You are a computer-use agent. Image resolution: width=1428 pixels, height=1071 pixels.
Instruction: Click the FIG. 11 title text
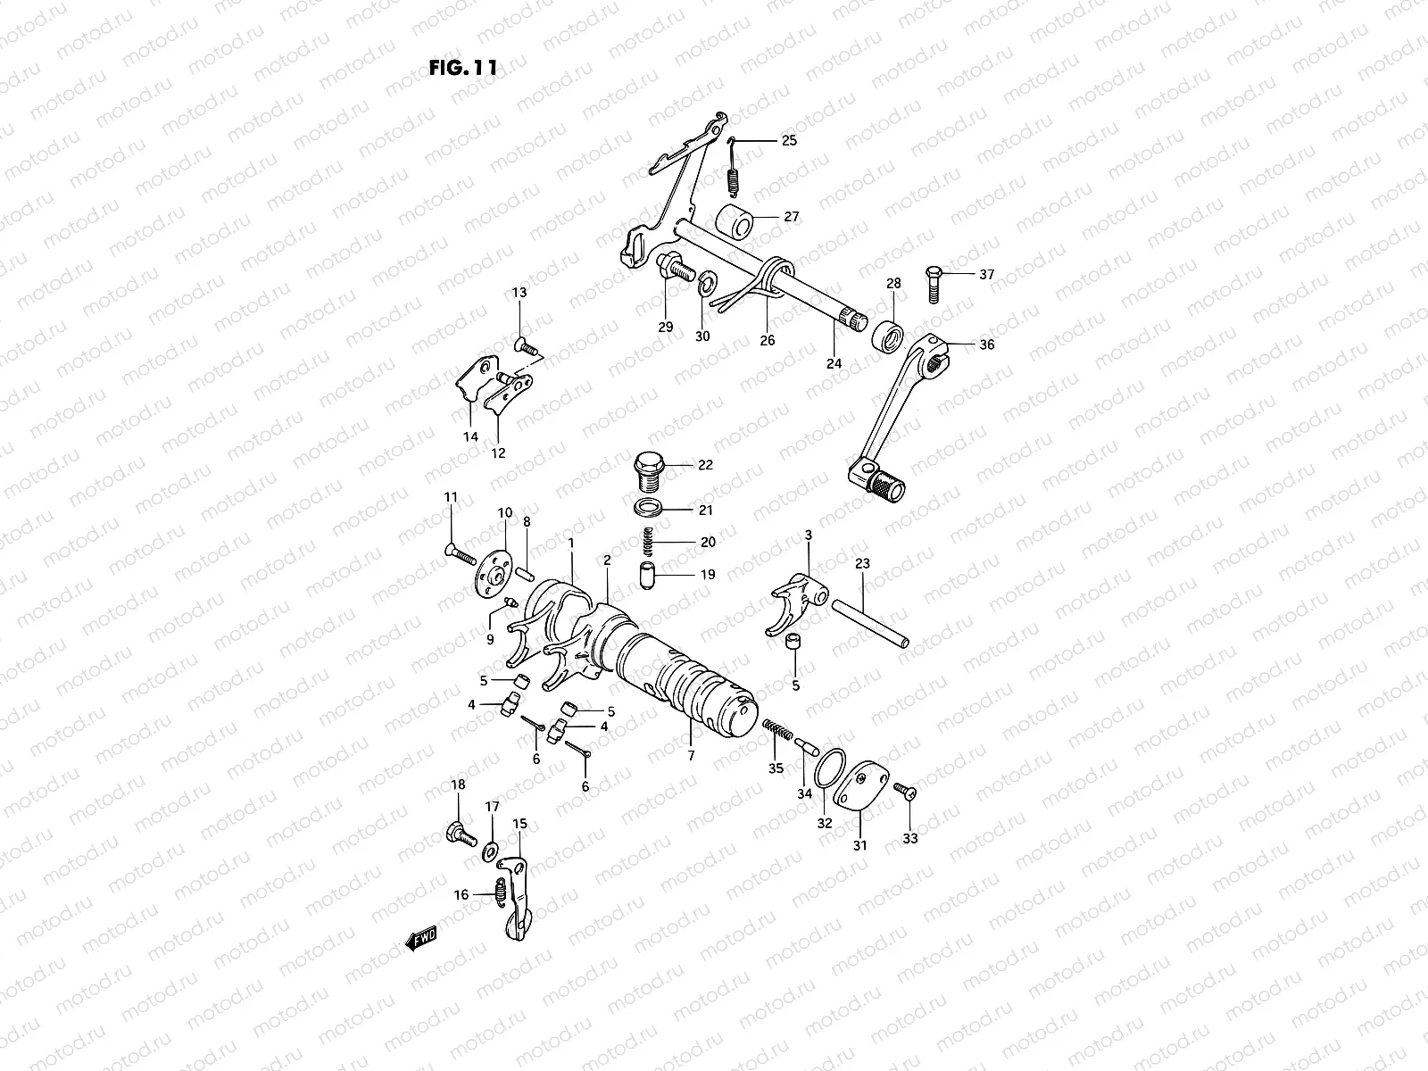(462, 68)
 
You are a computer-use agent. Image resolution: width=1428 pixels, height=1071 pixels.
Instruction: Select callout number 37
(986, 275)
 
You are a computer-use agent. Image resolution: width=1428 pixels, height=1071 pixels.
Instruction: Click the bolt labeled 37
(934, 284)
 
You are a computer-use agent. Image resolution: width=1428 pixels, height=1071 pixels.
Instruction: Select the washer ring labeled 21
(649, 510)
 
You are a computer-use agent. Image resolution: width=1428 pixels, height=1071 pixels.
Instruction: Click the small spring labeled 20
(649, 542)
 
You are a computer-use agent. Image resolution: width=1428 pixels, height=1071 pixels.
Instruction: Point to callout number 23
(861, 563)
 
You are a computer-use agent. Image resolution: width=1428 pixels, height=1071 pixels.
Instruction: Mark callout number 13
(519, 293)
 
